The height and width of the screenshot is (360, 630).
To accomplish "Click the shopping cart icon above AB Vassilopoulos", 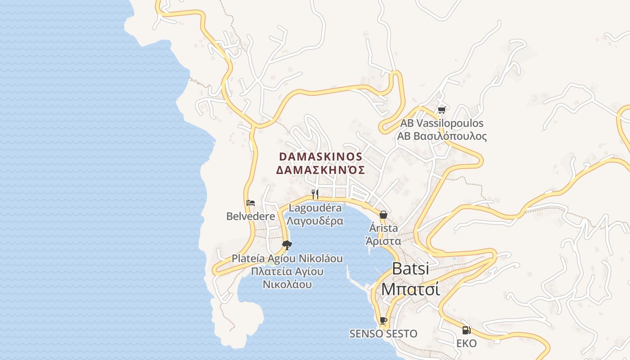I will tap(441, 110).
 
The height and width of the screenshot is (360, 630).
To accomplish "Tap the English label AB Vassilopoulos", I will tap(442, 123).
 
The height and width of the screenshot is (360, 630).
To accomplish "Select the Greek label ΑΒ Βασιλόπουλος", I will tap(442, 136).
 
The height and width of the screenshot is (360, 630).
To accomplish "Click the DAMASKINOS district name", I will tap(320, 157).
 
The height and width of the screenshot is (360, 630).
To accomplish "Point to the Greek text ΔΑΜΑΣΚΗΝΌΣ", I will tap(320, 170).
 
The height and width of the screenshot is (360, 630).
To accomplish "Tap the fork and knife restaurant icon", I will tap(315, 194).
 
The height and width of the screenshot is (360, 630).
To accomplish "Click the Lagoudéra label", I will tap(315, 208).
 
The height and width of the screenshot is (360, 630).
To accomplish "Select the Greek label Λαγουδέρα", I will tap(315, 221).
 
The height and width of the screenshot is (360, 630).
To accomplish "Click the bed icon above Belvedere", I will tap(251, 203).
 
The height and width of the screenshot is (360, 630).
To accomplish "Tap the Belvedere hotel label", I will tap(251, 216).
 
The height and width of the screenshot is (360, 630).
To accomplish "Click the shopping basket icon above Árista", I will tap(383, 215).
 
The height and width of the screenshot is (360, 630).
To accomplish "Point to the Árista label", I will tap(383, 228).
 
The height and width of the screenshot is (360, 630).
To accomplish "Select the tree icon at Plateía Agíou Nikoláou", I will tap(287, 245).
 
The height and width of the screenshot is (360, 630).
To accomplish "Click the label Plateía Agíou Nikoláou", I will tap(287, 259).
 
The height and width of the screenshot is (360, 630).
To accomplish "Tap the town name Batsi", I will tap(410, 269).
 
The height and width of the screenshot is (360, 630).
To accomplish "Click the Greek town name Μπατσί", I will tap(410, 289).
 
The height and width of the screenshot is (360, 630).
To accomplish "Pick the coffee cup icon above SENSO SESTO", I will tap(383, 320).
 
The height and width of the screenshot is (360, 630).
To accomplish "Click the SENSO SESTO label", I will tap(383, 334).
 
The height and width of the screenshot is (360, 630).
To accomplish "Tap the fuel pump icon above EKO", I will tap(467, 330).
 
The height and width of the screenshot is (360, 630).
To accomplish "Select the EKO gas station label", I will tap(467, 344).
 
